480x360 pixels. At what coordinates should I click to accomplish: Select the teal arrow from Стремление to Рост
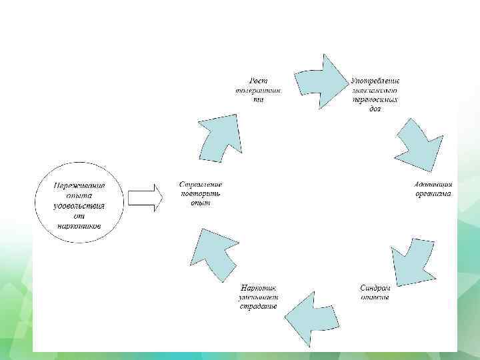(x=217, y=137)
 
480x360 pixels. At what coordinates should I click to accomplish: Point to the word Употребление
(x=375, y=80)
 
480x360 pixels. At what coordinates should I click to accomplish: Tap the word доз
(x=375, y=109)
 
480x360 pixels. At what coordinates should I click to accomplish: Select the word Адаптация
(x=434, y=184)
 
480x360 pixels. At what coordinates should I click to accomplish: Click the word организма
(x=433, y=193)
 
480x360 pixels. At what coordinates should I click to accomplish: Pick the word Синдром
(x=375, y=288)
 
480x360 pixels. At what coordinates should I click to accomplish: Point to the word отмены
(x=375, y=297)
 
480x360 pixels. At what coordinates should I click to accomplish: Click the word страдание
(x=259, y=307)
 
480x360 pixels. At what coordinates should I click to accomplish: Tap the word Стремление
(x=201, y=184)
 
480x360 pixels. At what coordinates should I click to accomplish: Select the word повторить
(x=201, y=193)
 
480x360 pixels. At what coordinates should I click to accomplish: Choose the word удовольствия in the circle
(x=79, y=206)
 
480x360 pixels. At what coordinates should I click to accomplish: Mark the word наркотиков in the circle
(x=79, y=225)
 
